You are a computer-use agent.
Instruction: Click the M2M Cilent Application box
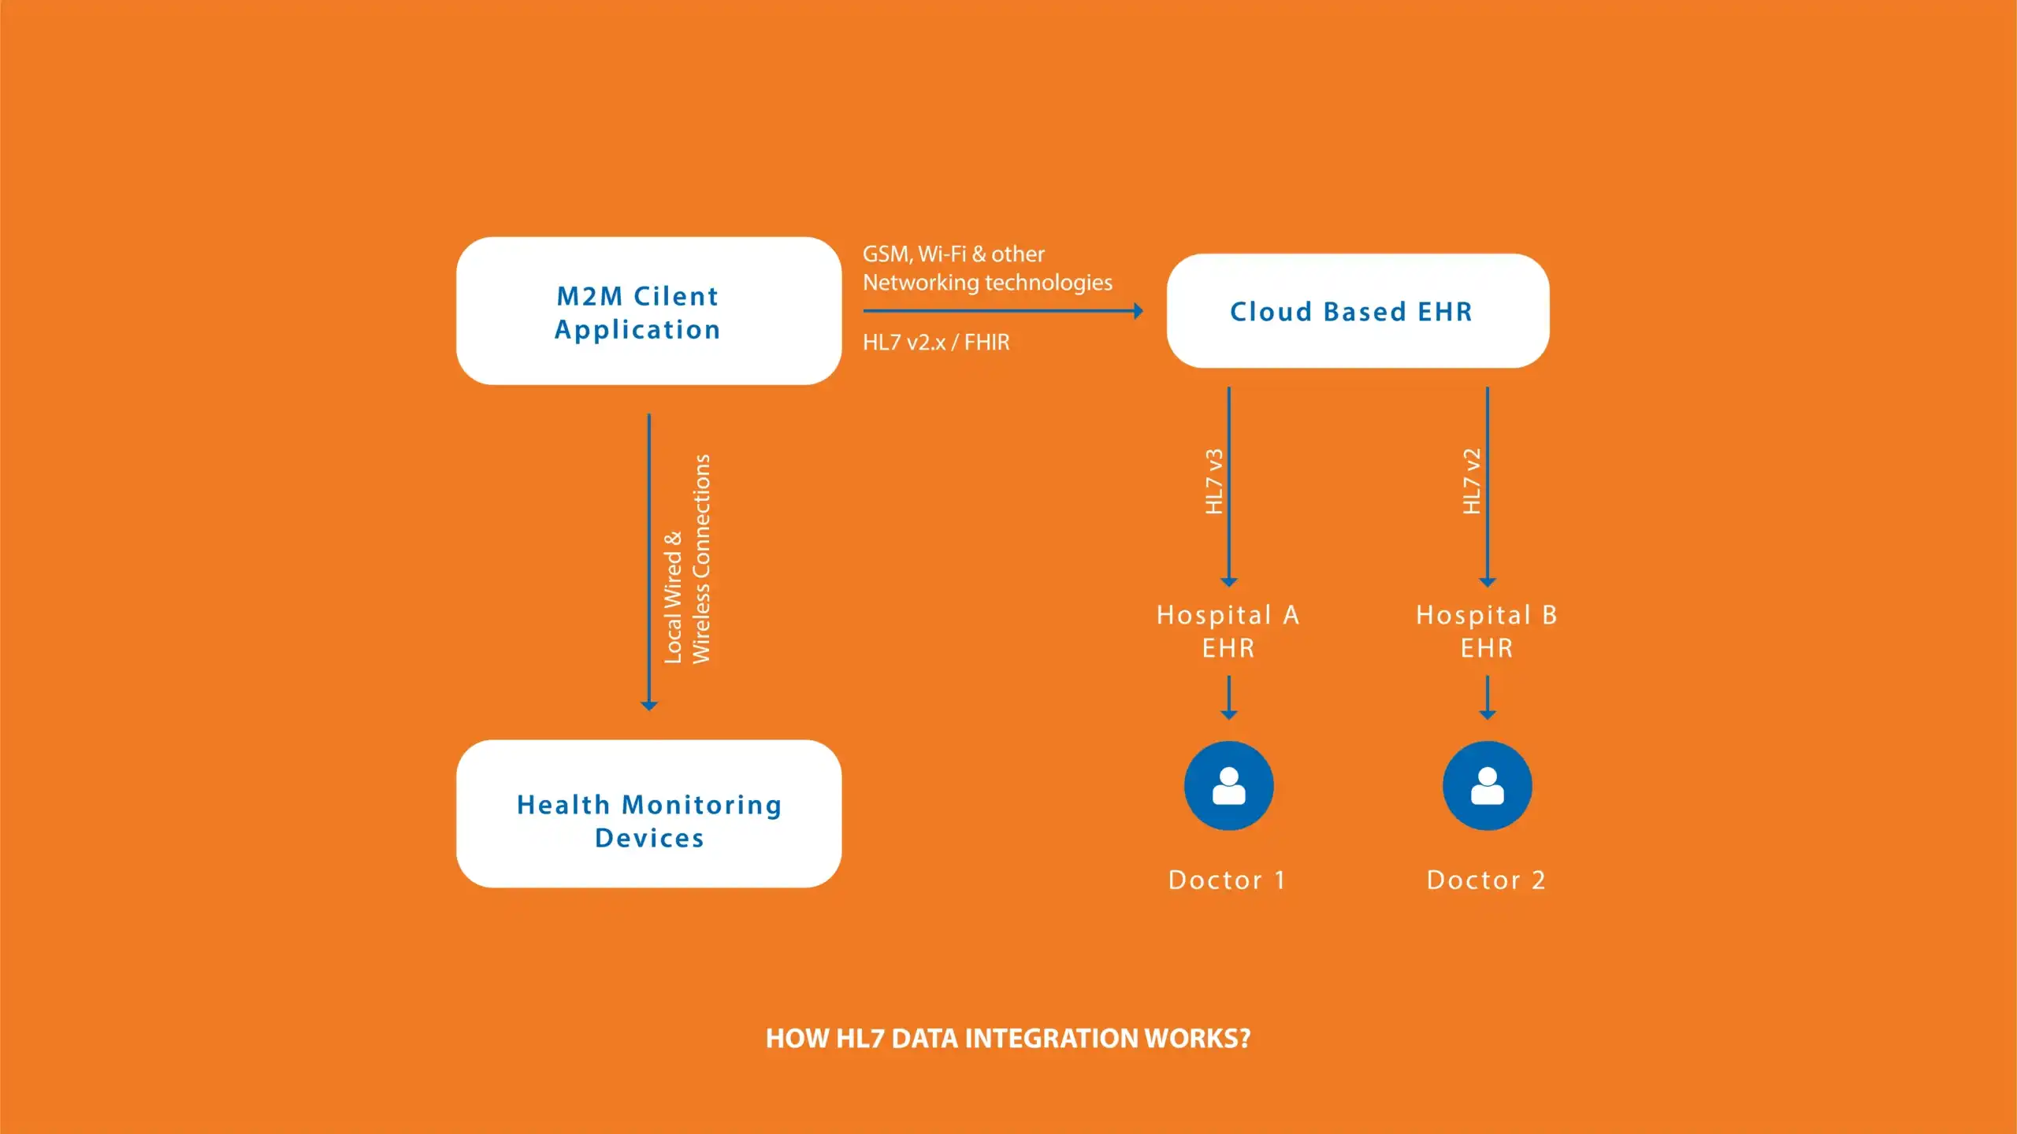click(x=648, y=311)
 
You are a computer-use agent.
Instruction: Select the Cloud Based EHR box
click(x=1358, y=311)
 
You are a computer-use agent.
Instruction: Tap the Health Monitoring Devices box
click(x=648, y=813)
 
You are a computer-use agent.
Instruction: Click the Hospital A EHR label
click(x=1228, y=631)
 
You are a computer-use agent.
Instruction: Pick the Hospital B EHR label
click(x=1486, y=631)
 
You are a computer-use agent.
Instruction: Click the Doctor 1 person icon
click(x=1228, y=785)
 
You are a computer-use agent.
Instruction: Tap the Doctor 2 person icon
click(x=1487, y=785)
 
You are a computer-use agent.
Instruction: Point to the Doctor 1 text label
click(x=1227, y=880)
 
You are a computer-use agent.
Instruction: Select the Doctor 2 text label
click(x=1486, y=880)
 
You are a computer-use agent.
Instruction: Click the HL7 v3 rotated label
click(x=1214, y=482)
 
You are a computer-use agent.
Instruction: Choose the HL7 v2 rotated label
click(x=1472, y=482)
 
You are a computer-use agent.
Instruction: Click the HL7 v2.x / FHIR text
click(x=935, y=343)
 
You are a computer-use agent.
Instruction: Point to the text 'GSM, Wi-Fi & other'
click(x=953, y=254)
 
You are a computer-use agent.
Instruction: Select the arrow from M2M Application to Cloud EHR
click(x=1001, y=311)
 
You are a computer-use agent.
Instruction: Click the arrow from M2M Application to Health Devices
click(x=648, y=561)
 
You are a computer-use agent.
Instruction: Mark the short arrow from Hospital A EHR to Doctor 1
click(x=1228, y=697)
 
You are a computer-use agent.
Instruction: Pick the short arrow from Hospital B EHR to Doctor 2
click(x=1487, y=697)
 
